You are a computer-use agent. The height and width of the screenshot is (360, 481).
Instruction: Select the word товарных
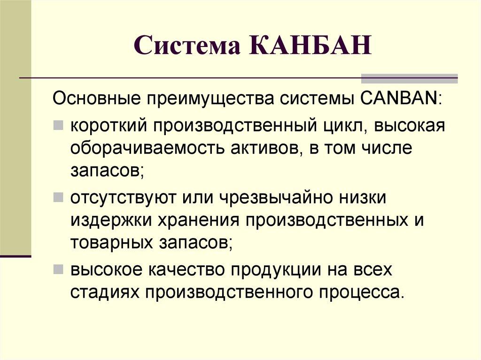[109, 243]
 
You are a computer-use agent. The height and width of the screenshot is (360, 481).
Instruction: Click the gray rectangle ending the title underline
[409, 78]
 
